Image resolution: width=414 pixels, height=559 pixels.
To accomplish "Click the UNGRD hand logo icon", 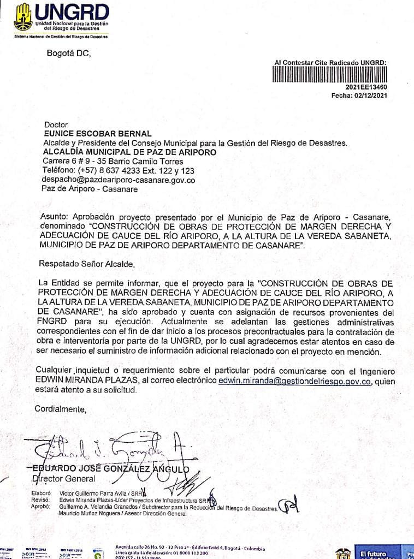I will point(23,17).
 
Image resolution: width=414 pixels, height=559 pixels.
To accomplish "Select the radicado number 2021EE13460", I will point(366,87).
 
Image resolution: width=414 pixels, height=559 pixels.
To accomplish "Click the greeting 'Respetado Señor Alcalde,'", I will point(86,264).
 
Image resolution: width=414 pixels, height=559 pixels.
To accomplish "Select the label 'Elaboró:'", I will point(41,492).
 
